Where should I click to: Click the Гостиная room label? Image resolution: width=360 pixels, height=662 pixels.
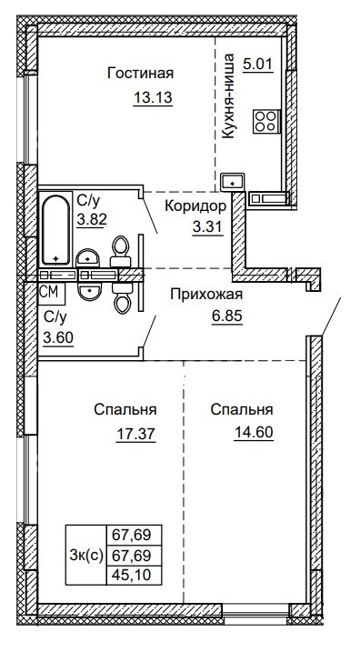[141, 73]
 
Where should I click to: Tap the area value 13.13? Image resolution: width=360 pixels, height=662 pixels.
[153, 97]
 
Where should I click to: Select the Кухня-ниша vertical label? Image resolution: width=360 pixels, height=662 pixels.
[228, 96]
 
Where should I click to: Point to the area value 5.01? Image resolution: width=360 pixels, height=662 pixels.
[258, 65]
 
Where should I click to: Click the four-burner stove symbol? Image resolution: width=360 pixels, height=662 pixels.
[266, 121]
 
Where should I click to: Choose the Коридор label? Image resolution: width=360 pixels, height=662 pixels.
[195, 206]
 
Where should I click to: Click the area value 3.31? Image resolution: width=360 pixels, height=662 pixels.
[207, 226]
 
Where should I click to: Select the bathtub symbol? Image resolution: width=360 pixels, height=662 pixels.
[56, 230]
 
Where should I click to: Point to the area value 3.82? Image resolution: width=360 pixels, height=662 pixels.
[91, 218]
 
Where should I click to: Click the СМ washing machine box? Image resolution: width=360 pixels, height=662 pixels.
[52, 293]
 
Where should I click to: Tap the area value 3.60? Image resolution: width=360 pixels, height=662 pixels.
[58, 337]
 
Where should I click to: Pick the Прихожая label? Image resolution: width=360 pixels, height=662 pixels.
[206, 295]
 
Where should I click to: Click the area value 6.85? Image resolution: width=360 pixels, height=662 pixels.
[227, 316]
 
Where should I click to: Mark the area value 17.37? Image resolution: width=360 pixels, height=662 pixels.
[135, 433]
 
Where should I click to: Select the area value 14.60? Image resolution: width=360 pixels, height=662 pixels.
[254, 432]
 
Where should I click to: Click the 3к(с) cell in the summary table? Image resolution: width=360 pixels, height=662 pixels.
[85, 556]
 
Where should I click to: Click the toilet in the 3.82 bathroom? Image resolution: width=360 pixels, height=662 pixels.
[121, 251]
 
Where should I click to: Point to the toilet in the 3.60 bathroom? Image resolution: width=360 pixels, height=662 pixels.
[123, 297]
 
